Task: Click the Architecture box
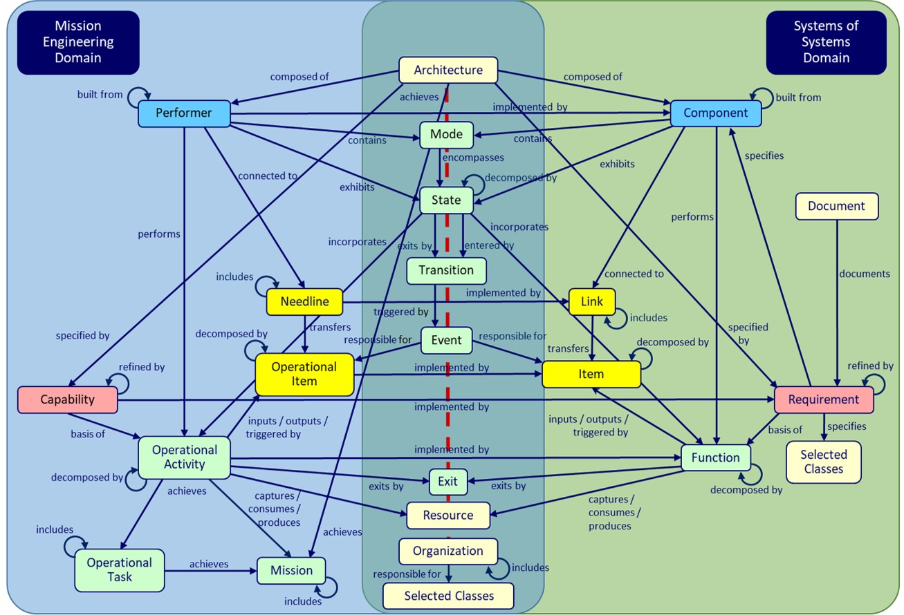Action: [448, 70]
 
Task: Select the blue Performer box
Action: [183, 113]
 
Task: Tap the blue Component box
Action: [715, 113]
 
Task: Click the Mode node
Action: [446, 134]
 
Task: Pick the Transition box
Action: [446, 270]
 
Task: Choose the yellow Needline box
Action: [304, 301]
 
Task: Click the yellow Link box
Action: [591, 301]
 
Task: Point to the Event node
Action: [446, 340]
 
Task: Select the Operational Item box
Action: [304, 374]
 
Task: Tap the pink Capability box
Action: [67, 399]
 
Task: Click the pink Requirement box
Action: [823, 399]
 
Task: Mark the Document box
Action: [836, 206]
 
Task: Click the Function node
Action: [715, 457]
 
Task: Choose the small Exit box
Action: [448, 481]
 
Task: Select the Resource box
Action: [448, 515]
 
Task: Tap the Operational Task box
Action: [120, 570]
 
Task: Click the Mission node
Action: [291, 570]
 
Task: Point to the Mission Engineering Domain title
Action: [78, 42]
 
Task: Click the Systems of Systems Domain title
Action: [826, 42]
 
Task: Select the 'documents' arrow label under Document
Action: [864, 274]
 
